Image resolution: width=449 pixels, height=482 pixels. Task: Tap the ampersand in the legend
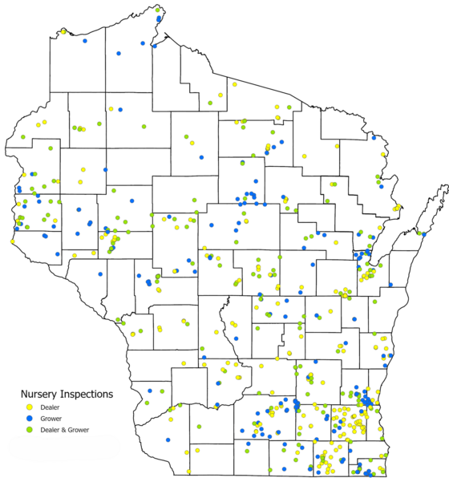66,430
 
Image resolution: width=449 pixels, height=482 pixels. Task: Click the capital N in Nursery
24,394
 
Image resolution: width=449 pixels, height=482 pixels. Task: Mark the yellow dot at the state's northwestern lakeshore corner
62,31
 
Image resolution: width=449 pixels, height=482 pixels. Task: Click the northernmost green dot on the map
159,10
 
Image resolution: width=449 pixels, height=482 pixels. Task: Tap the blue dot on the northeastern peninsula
419,234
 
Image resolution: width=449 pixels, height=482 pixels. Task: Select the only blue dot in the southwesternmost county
169,439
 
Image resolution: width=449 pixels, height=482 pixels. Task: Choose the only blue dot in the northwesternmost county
118,53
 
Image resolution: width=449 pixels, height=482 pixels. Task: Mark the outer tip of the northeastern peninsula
446,187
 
